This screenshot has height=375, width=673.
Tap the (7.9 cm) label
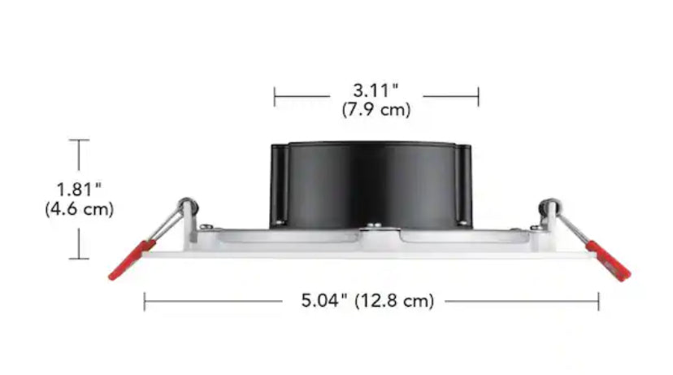[x=376, y=110]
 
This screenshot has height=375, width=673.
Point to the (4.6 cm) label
[x=79, y=209]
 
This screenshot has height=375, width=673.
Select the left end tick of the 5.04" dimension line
[x=145, y=302]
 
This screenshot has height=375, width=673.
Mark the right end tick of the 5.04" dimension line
[x=599, y=302]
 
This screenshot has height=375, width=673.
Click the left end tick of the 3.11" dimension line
[x=275, y=98]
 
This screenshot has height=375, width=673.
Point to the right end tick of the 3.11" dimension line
[x=478, y=98]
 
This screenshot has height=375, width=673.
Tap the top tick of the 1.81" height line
[x=79, y=141]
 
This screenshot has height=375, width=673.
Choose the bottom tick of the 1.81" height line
[x=79, y=259]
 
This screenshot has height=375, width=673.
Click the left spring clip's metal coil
[x=187, y=203]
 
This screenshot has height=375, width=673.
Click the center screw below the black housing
[x=373, y=227]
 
